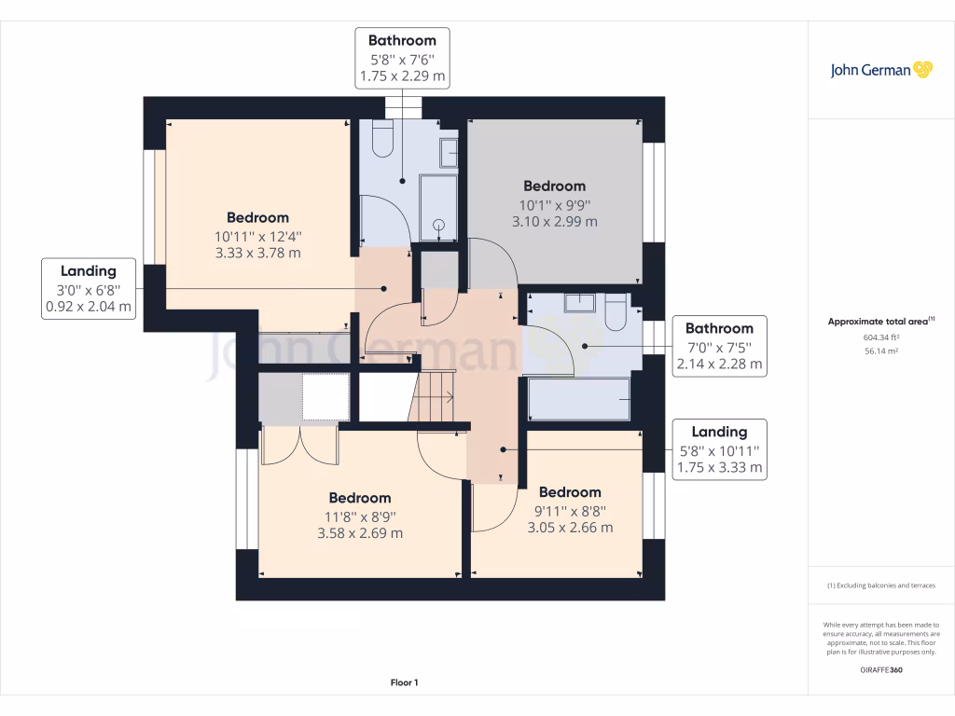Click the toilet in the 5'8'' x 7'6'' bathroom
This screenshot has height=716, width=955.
382,139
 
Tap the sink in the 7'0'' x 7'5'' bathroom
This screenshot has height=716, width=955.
579,303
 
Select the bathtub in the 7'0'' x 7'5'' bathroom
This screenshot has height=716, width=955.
578,399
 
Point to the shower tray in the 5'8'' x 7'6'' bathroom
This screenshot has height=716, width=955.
437,207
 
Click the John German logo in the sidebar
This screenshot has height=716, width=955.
880,70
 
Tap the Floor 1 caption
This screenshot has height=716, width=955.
404,683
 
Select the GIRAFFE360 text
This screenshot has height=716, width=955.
880,670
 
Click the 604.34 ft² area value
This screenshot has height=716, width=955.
880,337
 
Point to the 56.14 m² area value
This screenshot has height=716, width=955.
880,351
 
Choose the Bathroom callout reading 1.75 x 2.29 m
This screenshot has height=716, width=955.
402,58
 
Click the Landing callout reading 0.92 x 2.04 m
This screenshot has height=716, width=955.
89,288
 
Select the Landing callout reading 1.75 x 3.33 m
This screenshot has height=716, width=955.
719,449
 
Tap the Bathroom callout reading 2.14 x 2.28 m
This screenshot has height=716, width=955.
719,346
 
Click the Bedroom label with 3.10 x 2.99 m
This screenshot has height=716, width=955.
554,203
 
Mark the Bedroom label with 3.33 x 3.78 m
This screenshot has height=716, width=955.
257,235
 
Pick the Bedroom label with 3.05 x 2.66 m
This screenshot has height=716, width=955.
570,509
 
